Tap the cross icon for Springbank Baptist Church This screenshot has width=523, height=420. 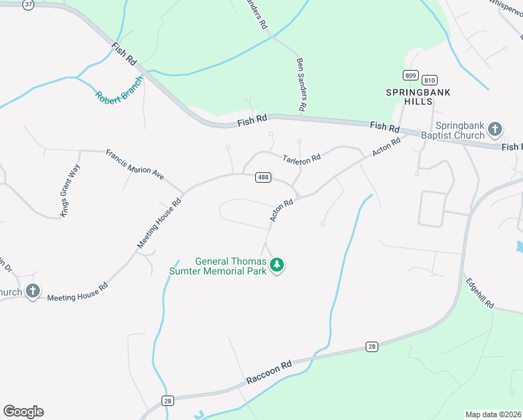(495, 129)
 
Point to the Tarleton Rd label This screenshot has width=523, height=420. (301, 159)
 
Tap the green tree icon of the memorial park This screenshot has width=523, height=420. (278, 265)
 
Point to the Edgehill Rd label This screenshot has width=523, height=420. (480, 295)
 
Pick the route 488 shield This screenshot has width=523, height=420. (263, 178)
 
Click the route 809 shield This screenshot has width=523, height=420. (410, 75)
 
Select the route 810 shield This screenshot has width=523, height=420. (429, 79)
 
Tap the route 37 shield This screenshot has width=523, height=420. (28, 4)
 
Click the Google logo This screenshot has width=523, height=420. (23, 412)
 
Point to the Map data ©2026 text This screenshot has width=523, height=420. (494, 414)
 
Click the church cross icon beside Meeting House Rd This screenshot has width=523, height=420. (32, 291)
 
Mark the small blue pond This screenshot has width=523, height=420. (518, 247)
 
